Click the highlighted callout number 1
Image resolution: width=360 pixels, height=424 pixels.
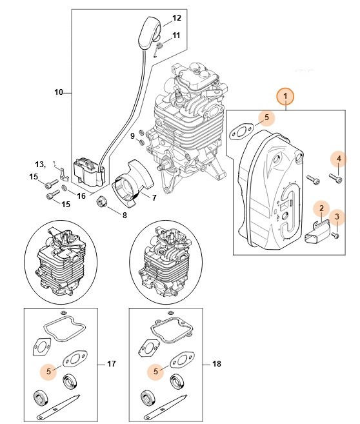[285, 97]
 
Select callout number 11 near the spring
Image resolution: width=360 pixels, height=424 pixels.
[176, 35]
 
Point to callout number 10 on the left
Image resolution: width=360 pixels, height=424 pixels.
[58, 93]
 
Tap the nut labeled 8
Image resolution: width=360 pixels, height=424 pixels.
[102, 205]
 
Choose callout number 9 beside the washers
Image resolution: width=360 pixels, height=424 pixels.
[132, 136]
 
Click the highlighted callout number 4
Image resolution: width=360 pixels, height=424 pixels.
[339, 157]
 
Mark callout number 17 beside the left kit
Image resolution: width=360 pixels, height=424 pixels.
[110, 364]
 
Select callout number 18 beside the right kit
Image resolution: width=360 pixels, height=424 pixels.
[216, 364]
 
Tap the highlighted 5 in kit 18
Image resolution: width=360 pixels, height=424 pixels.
[155, 372]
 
